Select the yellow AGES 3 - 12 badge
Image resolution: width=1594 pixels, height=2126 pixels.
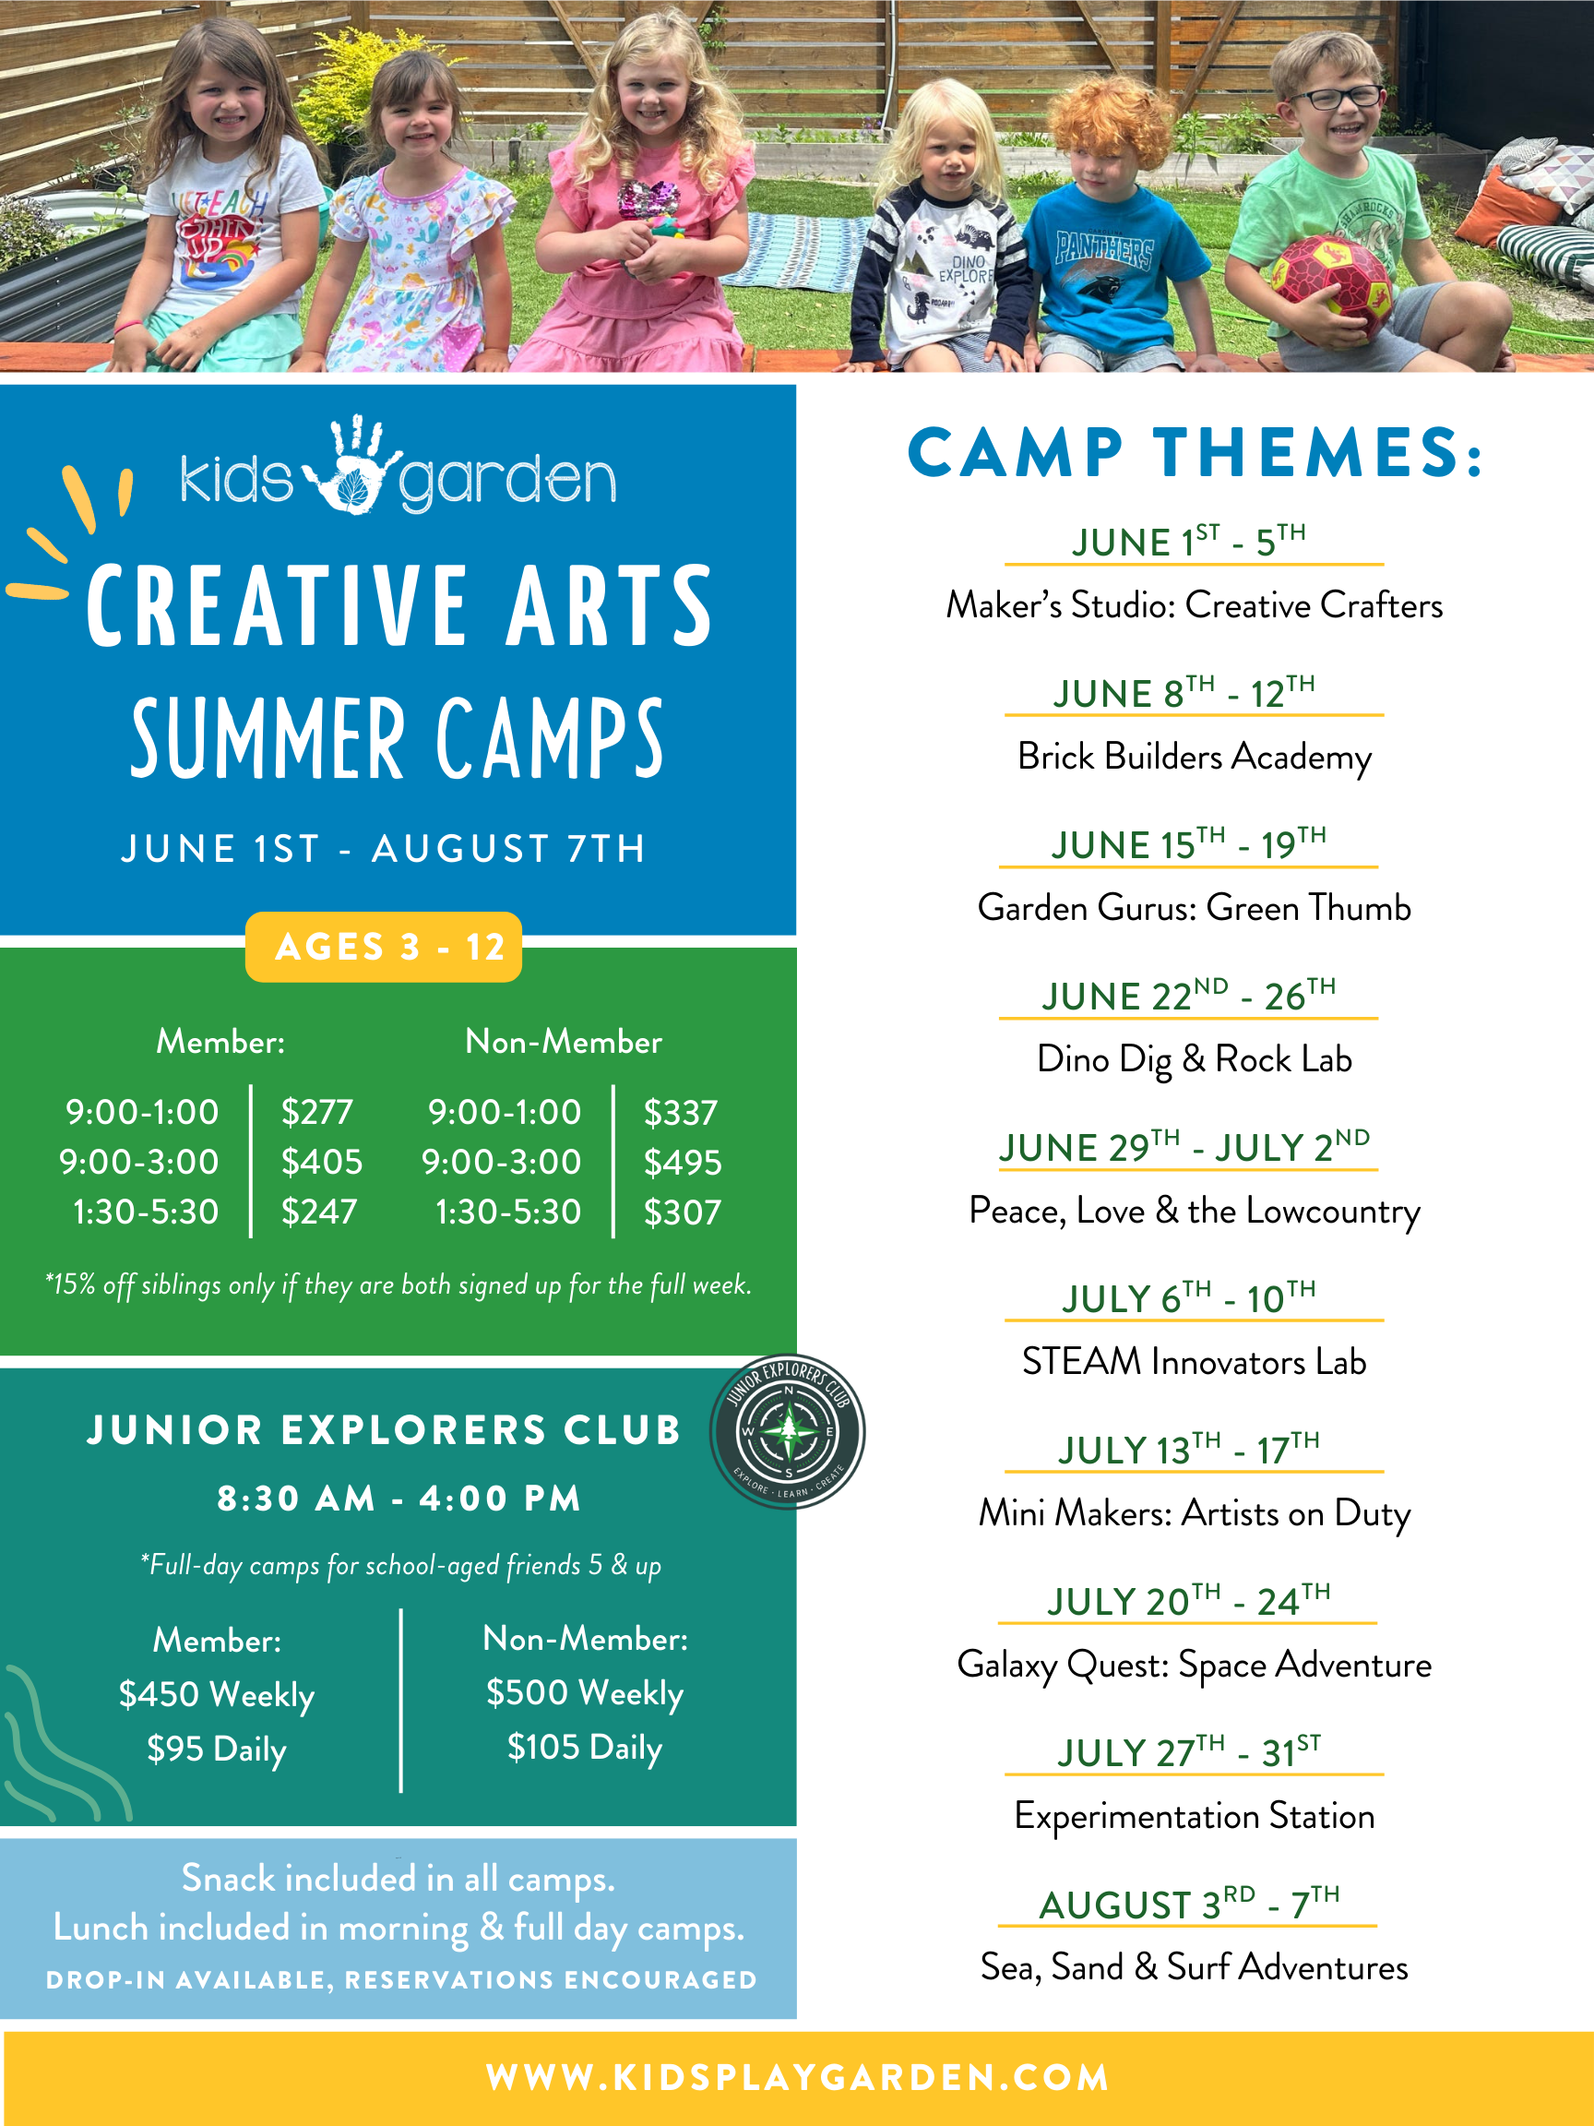(384, 947)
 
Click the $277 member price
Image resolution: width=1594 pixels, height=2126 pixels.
(317, 1112)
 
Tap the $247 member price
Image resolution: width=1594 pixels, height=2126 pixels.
(319, 1212)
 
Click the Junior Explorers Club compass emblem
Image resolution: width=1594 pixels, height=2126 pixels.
(788, 1432)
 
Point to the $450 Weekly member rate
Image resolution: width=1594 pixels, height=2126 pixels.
(216, 1695)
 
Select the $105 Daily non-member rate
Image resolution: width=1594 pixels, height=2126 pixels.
(584, 1748)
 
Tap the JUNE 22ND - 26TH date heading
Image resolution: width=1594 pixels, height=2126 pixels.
(1188, 997)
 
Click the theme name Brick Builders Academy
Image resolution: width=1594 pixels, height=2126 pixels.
(1195, 757)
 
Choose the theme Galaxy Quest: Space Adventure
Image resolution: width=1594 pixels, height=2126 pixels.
(1195, 1665)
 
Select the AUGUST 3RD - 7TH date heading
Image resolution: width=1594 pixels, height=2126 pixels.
(1188, 1904)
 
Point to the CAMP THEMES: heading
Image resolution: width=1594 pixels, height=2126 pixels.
(1195, 453)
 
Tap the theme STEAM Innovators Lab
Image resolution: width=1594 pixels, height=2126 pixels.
(1195, 1362)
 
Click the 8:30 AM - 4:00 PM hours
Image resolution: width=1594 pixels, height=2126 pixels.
(398, 1499)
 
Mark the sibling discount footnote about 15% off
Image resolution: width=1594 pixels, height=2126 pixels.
(398, 1285)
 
